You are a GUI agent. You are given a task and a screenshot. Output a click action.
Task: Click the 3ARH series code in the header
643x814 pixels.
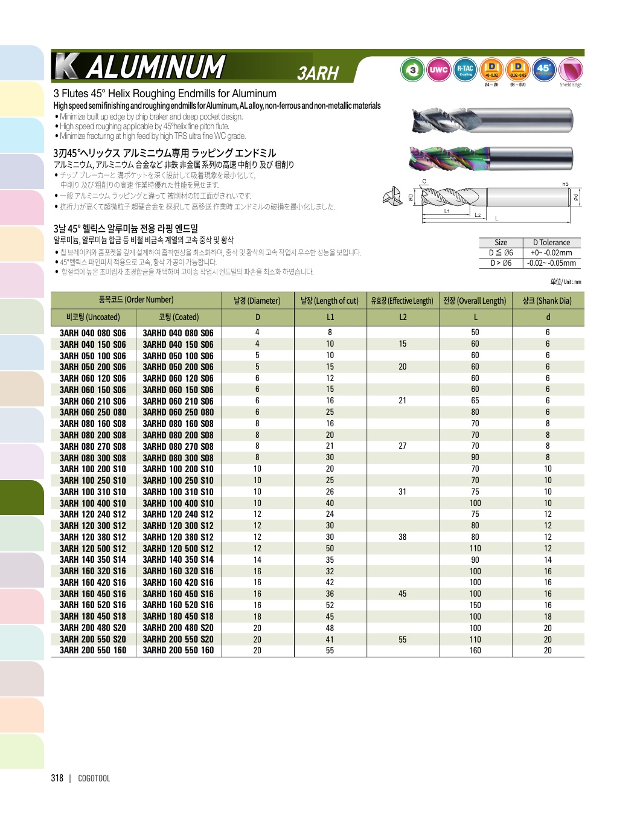point(318,73)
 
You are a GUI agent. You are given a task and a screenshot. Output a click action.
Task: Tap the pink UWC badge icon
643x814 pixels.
point(438,70)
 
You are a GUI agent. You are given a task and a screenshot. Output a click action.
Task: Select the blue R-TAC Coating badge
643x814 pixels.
point(465,70)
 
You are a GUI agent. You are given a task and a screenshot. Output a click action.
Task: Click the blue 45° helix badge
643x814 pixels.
point(544,69)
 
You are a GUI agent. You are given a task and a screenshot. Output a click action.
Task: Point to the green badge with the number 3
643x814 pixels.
point(412,70)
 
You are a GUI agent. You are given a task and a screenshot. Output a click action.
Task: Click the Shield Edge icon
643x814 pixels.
point(571,71)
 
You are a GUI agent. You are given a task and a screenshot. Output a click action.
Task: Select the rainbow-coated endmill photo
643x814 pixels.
point(490,159)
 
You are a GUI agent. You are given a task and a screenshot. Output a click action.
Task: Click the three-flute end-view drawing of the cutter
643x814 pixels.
point(392,196)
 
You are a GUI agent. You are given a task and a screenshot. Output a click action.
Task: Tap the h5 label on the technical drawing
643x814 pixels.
point(565,184)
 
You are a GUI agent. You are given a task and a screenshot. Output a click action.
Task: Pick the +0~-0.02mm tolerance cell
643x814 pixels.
point(551,253)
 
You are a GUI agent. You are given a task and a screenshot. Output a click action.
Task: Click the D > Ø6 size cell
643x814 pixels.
point(501,263)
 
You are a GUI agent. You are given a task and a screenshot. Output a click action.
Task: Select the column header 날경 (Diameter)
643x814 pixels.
point(257,301)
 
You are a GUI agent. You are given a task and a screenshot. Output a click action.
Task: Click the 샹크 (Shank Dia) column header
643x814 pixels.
point(547,301)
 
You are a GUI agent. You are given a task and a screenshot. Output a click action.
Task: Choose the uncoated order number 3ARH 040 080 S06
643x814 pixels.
point(93,333)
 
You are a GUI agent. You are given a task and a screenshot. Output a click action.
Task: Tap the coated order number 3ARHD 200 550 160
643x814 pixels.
point(178,650)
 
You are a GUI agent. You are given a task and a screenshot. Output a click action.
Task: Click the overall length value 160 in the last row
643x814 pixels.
point(475,650)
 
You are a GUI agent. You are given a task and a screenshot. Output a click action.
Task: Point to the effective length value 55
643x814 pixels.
point(402,639)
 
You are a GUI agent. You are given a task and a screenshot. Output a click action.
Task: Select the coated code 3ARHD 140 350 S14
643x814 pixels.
point(178,560)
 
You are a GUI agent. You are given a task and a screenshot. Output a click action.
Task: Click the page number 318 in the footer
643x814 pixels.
point(57,778)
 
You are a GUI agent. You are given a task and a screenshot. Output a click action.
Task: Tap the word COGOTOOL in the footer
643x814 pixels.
point(94,778)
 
